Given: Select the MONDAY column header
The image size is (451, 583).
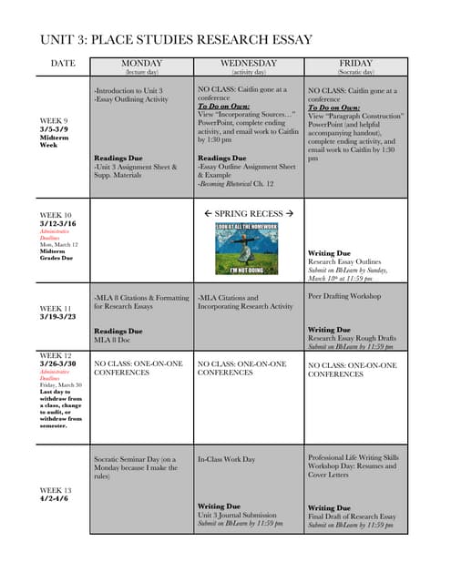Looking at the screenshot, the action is pyautogui.click(x=141, y=63).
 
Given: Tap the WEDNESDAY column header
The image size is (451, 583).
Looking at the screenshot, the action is pyautogui.click(x=249, y=63).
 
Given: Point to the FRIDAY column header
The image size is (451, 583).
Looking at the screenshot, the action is pyautogui.click(x=356, y=63).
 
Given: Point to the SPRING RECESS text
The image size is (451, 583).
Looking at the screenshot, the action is pyautogui.click(x=249, y=212).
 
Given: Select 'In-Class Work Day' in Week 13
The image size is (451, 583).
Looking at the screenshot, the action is pyautogui.click(x=227, y=460).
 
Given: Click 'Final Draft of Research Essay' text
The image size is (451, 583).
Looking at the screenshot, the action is pyautogui.click(x=352, y=517).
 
